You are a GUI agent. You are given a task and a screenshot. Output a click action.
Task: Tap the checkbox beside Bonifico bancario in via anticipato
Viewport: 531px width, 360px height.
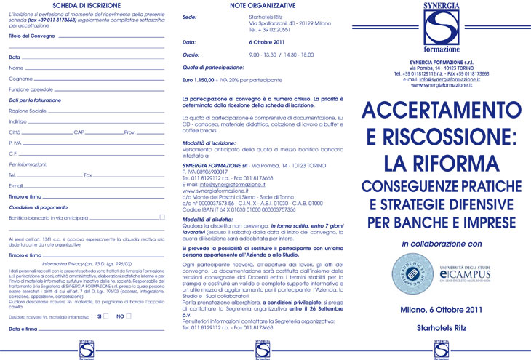[163, 217]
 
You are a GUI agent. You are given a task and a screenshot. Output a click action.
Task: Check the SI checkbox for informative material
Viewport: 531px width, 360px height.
[106, 316]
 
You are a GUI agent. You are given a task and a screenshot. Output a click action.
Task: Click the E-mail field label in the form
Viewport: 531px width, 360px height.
[17, 185]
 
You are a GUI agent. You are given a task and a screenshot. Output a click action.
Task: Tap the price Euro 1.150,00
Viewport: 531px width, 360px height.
[207, 79]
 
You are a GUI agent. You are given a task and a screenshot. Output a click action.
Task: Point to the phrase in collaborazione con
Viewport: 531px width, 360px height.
[442, 223]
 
